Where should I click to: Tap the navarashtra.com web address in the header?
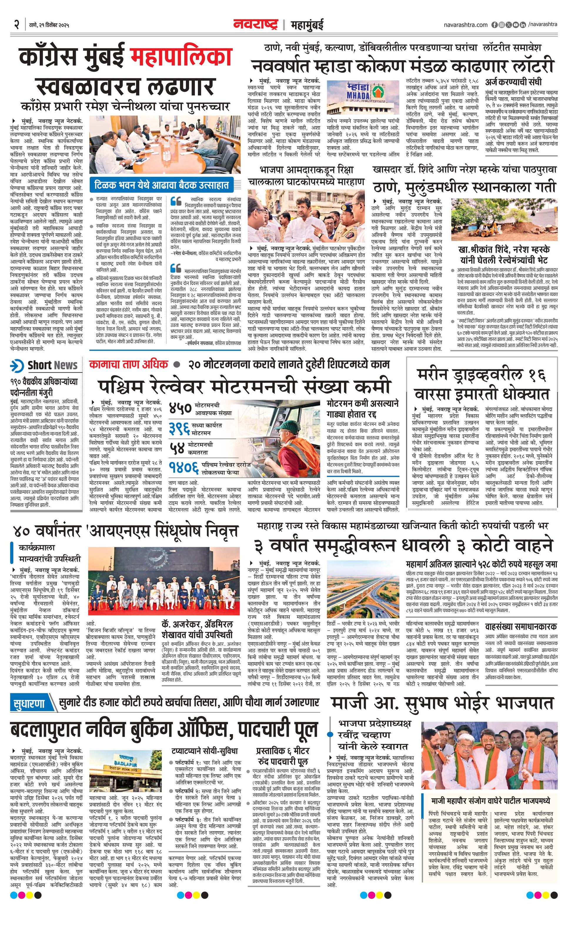(465, 25)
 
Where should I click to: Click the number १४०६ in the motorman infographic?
(184, 469)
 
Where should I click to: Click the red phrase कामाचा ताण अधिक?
(128, 365)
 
